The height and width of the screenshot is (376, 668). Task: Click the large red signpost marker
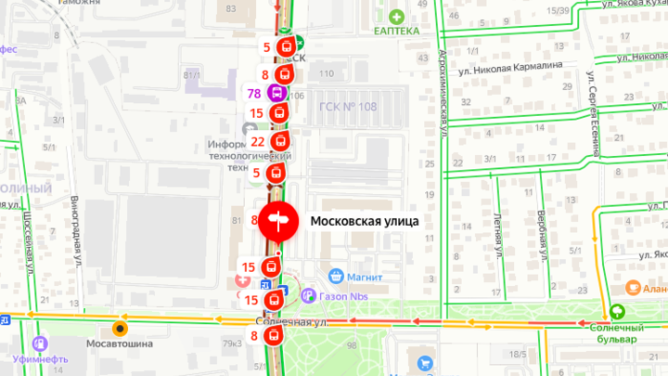[x=277, y=221]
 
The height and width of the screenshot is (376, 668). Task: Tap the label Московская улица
[x=365, y=222]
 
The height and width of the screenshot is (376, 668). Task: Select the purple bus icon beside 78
[x=276, y=93]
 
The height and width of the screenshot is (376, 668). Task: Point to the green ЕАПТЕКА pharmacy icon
[x=397, y=16]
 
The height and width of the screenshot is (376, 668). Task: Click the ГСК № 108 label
[x=347, y=106]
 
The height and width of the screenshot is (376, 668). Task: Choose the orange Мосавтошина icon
[x=119, y=329]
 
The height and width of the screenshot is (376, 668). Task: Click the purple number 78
[x=253, y=93]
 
